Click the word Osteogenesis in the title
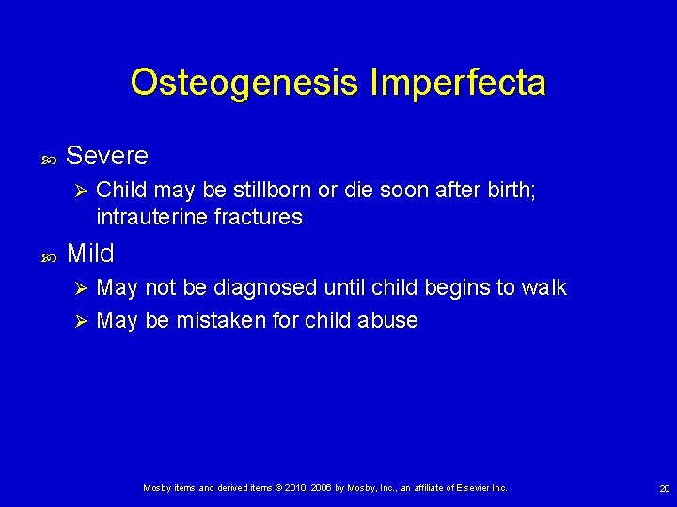245,83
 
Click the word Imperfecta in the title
458,83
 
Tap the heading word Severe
107,154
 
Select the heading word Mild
90,253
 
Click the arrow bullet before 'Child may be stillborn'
80,191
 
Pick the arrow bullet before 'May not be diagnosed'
80,288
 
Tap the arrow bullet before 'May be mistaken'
80,321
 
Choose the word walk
544,287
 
